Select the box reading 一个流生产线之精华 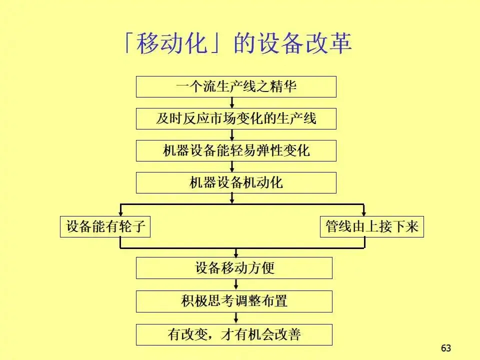pyautogui.click(x=236, y=86)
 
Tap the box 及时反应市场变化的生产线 pyautogui.click(x=236, y=118)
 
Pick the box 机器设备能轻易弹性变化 pyautogui.click(x=236, y=150)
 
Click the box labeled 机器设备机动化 pyautogui.click(x=236, y=182)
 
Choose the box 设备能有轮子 pyautogui.click(x=105, y=226)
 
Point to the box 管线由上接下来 pyautogui.click(x=371, y=226)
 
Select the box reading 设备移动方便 pyautogui.click(x=234, y=267)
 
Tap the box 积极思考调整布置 pyautogui.click(x=234, y=301)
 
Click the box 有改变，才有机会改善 pyautogui.click(x=234, y=334)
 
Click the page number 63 pyautogui.click(x=446, y=348)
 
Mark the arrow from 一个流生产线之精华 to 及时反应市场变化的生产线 pyautogui.click(x=232, y=102)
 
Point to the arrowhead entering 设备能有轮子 pyautogui.click(x=120, y=212)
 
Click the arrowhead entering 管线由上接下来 pyautogui.click(x=364, y=212)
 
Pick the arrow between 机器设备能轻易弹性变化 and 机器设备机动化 pyautogui.click(x=232, y=166)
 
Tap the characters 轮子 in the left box pyautogui.click(x=132, y=226)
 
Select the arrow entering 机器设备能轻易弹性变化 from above pyautogui.click(x=232, y=134)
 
